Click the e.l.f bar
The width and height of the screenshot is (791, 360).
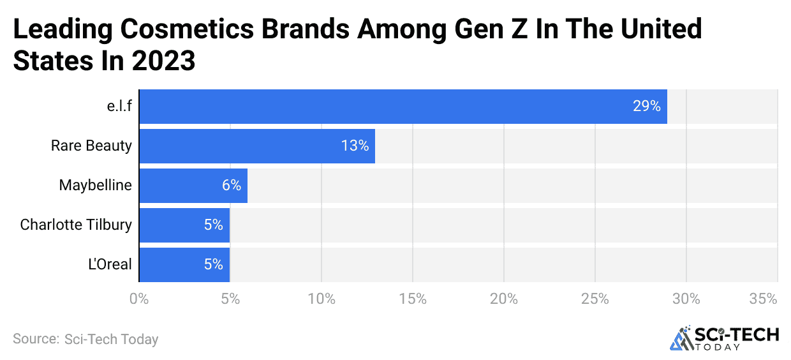point(403,107)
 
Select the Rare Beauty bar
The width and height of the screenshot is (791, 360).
point(256,146)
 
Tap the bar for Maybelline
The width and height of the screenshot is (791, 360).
point(193,186)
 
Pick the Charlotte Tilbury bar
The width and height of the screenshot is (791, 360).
point(184,225)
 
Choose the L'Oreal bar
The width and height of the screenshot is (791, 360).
point(184,264)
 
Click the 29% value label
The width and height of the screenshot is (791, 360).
point(646,107)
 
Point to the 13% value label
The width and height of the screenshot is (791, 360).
point(355,146)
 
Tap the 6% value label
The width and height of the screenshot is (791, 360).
point(231,186)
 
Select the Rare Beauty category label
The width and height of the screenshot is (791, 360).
point(91,146)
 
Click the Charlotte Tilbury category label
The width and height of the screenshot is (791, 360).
point(76,225)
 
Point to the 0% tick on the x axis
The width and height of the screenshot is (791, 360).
point(138,299)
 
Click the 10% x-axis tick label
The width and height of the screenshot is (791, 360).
point(322,299)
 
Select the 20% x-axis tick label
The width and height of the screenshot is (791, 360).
point(504,299)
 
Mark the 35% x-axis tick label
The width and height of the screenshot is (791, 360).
point(763,299)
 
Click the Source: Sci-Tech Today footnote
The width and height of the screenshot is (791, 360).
point(85,339)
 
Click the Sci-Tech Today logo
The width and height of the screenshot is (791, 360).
point(724,338)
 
